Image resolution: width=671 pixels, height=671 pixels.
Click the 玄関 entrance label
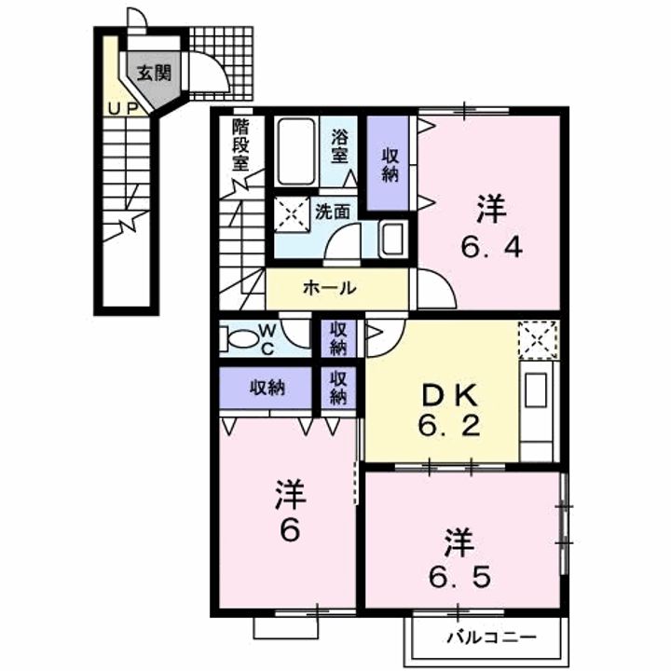click(x=154, y=74)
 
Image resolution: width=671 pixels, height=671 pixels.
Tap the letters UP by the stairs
click(x=123, y=109)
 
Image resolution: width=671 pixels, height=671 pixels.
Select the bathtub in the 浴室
click(x=296, y=152)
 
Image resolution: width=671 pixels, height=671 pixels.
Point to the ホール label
click(x=330, y=288)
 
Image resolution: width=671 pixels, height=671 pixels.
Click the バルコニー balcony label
click(x=491, y=638)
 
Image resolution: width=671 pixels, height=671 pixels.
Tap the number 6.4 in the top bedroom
click(x=491, y=248)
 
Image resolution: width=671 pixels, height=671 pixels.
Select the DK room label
click(x=449, y=396)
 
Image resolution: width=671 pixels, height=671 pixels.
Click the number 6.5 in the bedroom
click(x=460, y=578)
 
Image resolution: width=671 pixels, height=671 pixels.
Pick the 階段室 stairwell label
click(x=240, y=144)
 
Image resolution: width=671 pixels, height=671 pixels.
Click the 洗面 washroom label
click(x=333, y=212)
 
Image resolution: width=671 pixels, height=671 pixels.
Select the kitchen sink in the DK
click(x=536, y=390)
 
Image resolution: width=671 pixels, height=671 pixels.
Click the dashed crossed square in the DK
click(x=538, y=340)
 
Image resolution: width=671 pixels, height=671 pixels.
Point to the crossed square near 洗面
click(x=292, y=214)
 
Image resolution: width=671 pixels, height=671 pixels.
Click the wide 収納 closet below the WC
click(x=266, y=388)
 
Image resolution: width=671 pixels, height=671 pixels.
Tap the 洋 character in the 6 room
click(x=291, y=495)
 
